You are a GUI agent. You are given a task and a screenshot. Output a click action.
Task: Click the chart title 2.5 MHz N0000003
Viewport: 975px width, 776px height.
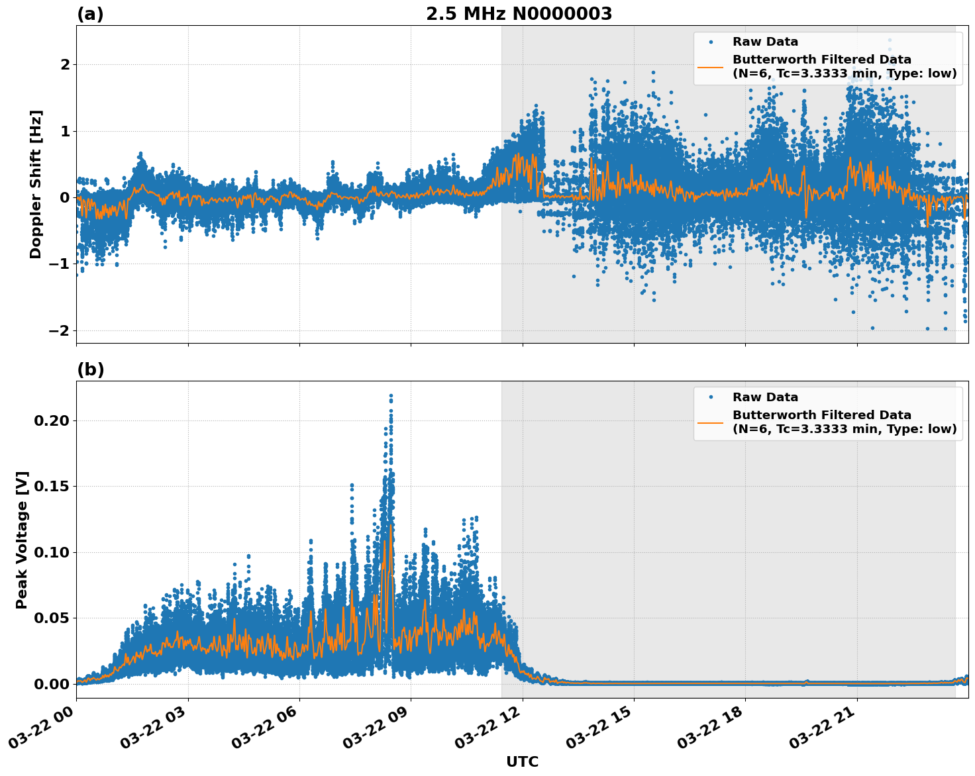[519, 14]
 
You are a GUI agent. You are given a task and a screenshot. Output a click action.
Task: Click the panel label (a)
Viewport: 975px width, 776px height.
[90, 14]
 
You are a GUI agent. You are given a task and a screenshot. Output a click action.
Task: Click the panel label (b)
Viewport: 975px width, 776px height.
[90, 369]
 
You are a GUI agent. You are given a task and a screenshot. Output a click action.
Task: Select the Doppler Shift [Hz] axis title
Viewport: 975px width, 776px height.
[36, 184]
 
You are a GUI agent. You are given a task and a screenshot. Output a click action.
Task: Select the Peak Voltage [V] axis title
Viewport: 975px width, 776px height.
[22, 540]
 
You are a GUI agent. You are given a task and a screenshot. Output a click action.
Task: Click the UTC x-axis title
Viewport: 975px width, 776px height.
[522, 761]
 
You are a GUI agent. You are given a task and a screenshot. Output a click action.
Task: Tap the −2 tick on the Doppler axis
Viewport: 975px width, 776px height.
[60, 330]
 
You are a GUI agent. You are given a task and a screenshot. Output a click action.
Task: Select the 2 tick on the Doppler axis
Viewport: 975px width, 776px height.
[65, 64]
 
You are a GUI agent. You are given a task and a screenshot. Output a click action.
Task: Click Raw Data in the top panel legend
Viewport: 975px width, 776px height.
[765, 42]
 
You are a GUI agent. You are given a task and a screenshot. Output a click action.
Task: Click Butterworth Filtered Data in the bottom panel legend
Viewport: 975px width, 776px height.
[821, 415]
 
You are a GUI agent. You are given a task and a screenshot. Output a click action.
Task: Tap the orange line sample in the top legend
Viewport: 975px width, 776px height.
[711, 66]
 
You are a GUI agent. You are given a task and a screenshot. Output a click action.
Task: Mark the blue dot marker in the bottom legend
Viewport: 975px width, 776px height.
[711, 397]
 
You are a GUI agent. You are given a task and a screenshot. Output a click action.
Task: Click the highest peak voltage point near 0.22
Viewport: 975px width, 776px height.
[391, 396]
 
